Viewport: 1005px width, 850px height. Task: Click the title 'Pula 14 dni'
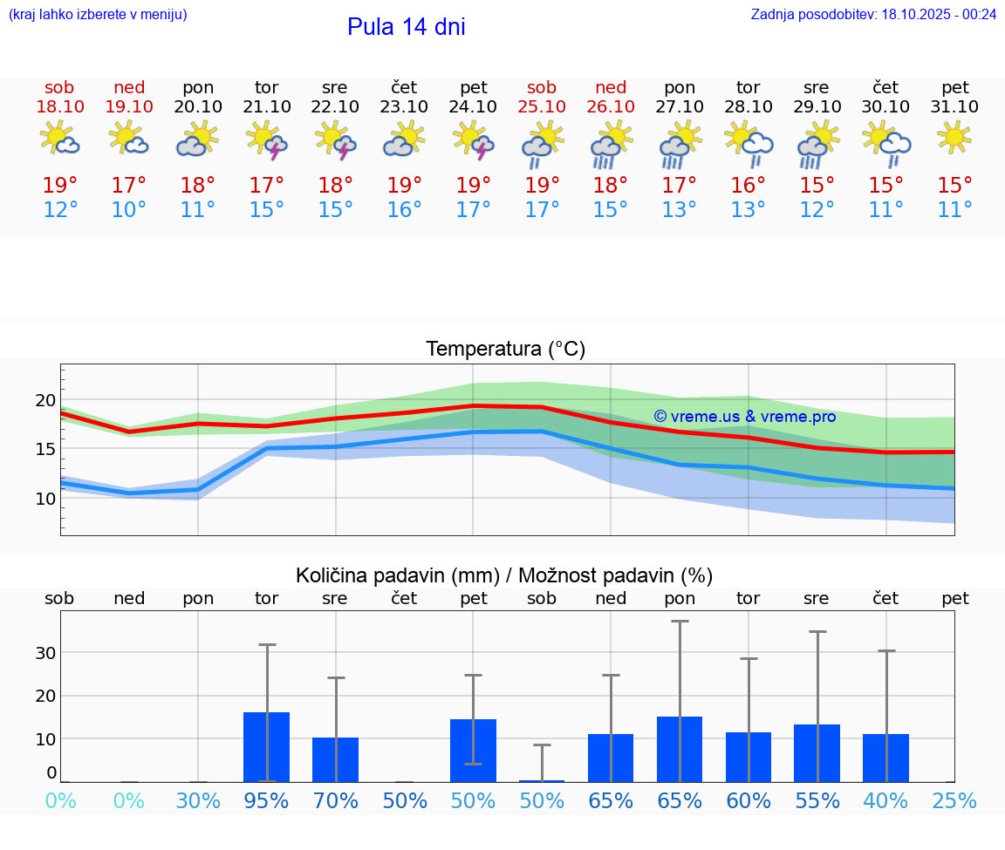click(x=406, y=27)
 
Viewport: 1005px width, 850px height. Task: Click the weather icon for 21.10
click(x=267, y=139)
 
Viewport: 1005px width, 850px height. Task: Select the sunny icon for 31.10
click(x=954, y=138)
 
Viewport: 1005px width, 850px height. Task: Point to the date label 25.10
click(x=542, y=106)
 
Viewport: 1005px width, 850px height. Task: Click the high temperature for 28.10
click(x=749, y=185)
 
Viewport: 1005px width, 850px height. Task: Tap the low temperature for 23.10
click(x=404, y=210)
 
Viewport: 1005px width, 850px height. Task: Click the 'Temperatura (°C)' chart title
click(x=505, y=349)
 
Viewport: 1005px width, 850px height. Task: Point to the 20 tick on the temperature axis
click(x=45, y=400)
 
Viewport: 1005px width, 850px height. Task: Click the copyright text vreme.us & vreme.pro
click(x=744, y=417)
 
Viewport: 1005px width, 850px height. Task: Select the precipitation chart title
click(x=504, y=575)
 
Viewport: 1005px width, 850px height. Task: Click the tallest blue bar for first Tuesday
click(x=266, y=747)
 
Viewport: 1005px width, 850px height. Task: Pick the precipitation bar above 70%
click(x=335, y=760)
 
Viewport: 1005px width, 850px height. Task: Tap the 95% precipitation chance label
click(x=266, y=800)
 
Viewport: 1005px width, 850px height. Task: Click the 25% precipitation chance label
click(x=954, y=800)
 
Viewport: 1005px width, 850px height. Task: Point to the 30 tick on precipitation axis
click(x=45, y=653)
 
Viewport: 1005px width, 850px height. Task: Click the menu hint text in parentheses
click(x=97, y=14)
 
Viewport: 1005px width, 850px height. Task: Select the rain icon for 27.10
click(x=680, y=144)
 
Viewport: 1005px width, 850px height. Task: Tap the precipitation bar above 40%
click(x=885, y=758)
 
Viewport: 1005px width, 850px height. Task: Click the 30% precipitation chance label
click(x=198, y=800)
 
